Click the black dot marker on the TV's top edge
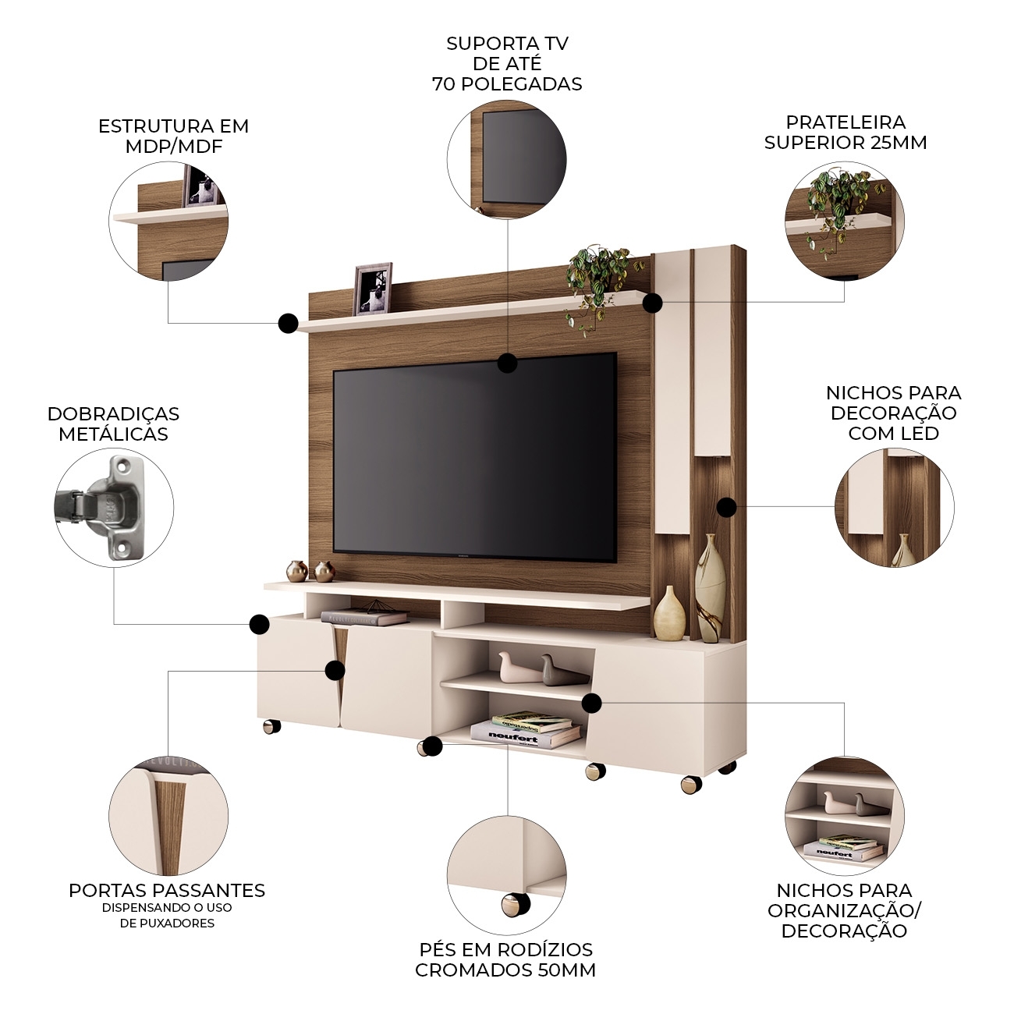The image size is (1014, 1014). tap(507, 363)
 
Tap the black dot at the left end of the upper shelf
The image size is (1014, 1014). tap(288, 323)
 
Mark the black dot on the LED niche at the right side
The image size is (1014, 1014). tap(727, 507)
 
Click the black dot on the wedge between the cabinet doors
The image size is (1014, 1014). tap(335, 670)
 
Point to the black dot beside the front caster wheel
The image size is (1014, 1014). tap(433, 746)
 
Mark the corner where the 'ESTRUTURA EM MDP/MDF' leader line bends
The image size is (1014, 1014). tap(168, 323)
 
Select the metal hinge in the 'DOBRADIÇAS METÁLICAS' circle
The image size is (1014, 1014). tap(100, 507)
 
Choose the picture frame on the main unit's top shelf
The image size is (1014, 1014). tap(373, 289)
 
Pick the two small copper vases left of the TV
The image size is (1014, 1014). tap(310, 571)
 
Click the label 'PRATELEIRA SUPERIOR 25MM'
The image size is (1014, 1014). tap(846, 132)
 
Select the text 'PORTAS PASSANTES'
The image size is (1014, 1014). tap(167, 890)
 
